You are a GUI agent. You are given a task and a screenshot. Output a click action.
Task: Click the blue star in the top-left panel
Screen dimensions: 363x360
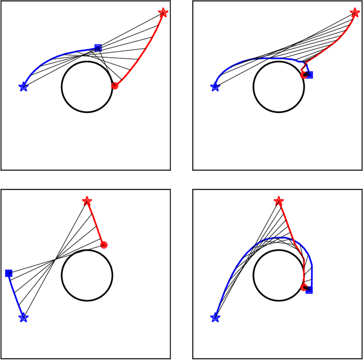pos(23,87)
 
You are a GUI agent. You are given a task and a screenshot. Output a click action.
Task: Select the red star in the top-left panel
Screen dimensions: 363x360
pos(163,12)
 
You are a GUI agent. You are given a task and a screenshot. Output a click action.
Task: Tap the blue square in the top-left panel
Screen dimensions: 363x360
pos(98,48)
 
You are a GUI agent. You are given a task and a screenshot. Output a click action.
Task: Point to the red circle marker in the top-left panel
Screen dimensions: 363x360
pos(115,86)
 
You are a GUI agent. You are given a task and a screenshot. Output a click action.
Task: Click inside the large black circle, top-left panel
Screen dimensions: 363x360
pos(86,87)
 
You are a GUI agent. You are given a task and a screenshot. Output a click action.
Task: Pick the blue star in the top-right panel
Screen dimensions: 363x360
pos(215,87)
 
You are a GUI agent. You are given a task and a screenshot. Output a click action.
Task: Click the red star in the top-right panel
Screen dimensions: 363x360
pos(355,12)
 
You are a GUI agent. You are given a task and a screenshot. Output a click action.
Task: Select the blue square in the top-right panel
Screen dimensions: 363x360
pos(309,74)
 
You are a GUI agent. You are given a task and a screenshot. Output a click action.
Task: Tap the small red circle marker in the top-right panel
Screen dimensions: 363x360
pos(303,74)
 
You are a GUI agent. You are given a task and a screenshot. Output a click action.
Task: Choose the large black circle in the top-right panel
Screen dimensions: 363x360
pos(278,87)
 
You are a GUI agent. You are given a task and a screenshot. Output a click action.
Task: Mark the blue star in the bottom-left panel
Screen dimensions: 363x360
pos(23,318)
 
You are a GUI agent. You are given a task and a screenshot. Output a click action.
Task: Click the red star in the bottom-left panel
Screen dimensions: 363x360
pos(87,201)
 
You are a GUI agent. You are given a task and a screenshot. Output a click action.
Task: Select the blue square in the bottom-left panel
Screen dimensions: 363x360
pos(9,273)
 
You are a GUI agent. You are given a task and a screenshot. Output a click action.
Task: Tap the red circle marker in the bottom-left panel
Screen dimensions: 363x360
pos(104,245)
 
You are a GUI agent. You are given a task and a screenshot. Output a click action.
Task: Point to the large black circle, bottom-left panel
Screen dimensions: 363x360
pos(86,276)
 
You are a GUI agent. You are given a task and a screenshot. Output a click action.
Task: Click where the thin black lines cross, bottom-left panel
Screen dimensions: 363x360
pos(55,260)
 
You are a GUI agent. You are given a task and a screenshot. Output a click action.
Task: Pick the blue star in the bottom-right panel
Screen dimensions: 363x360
pos(215,318)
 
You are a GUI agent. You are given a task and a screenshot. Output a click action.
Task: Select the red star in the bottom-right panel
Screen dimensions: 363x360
pos(278,201)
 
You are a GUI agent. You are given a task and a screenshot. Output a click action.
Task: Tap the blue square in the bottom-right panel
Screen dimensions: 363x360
pos(309,290)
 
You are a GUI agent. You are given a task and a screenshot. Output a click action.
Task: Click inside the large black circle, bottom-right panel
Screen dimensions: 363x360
pos(278,276)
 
